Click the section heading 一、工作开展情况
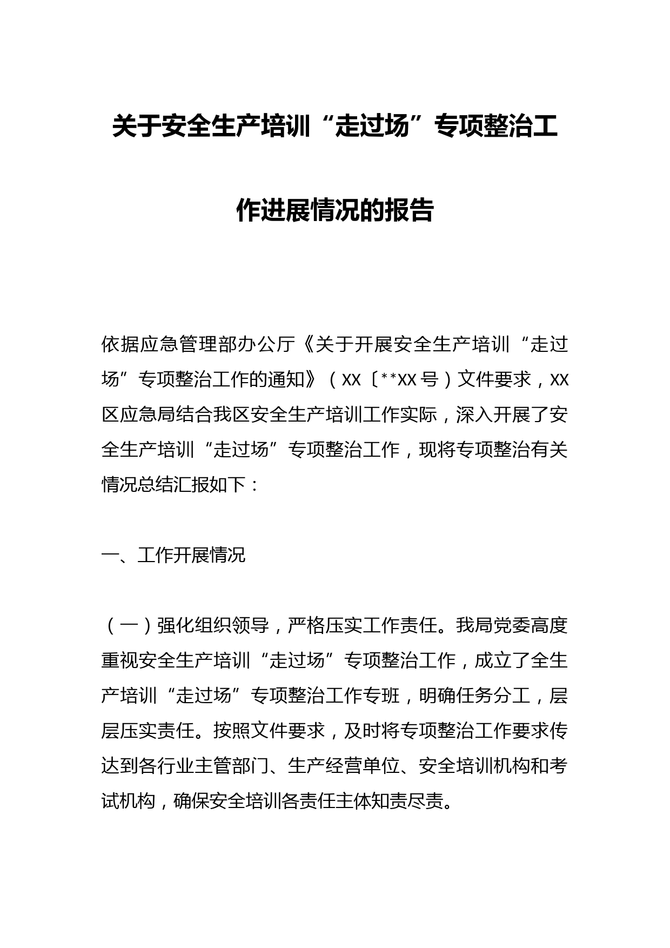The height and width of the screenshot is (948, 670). pos(173,555)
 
